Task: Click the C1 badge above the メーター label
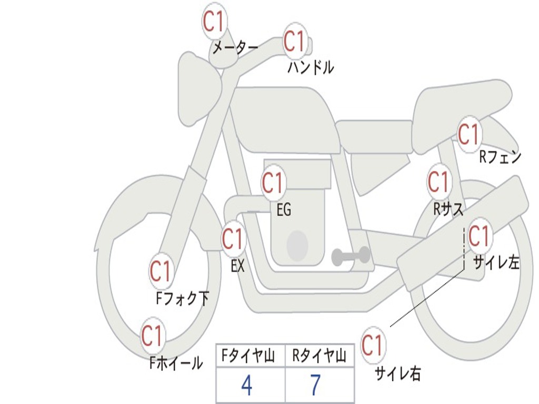tap(215, 22)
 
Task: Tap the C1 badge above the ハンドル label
tap(295, 41)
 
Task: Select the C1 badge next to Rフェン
tap(468, 135)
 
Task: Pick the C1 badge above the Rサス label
tap(438, 182)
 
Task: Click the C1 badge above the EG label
tap(273, 183)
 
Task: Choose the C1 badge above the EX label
tap(233, 239)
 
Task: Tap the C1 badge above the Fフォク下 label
tap(161, 271)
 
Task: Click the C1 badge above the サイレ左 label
tap(479, 236)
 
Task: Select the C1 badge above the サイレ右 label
tap(373, 346)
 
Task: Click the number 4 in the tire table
tap(246, 386)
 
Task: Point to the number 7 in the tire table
tap(315, 386)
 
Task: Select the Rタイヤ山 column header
tap(319, 357)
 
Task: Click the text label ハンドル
tap(311, 67)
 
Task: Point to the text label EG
tap(284, 210)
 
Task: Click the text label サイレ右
tap(397, 373)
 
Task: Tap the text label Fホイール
tap(176, 362)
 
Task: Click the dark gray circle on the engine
tap(297, 245)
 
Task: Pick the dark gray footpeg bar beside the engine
tap(351, 256)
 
